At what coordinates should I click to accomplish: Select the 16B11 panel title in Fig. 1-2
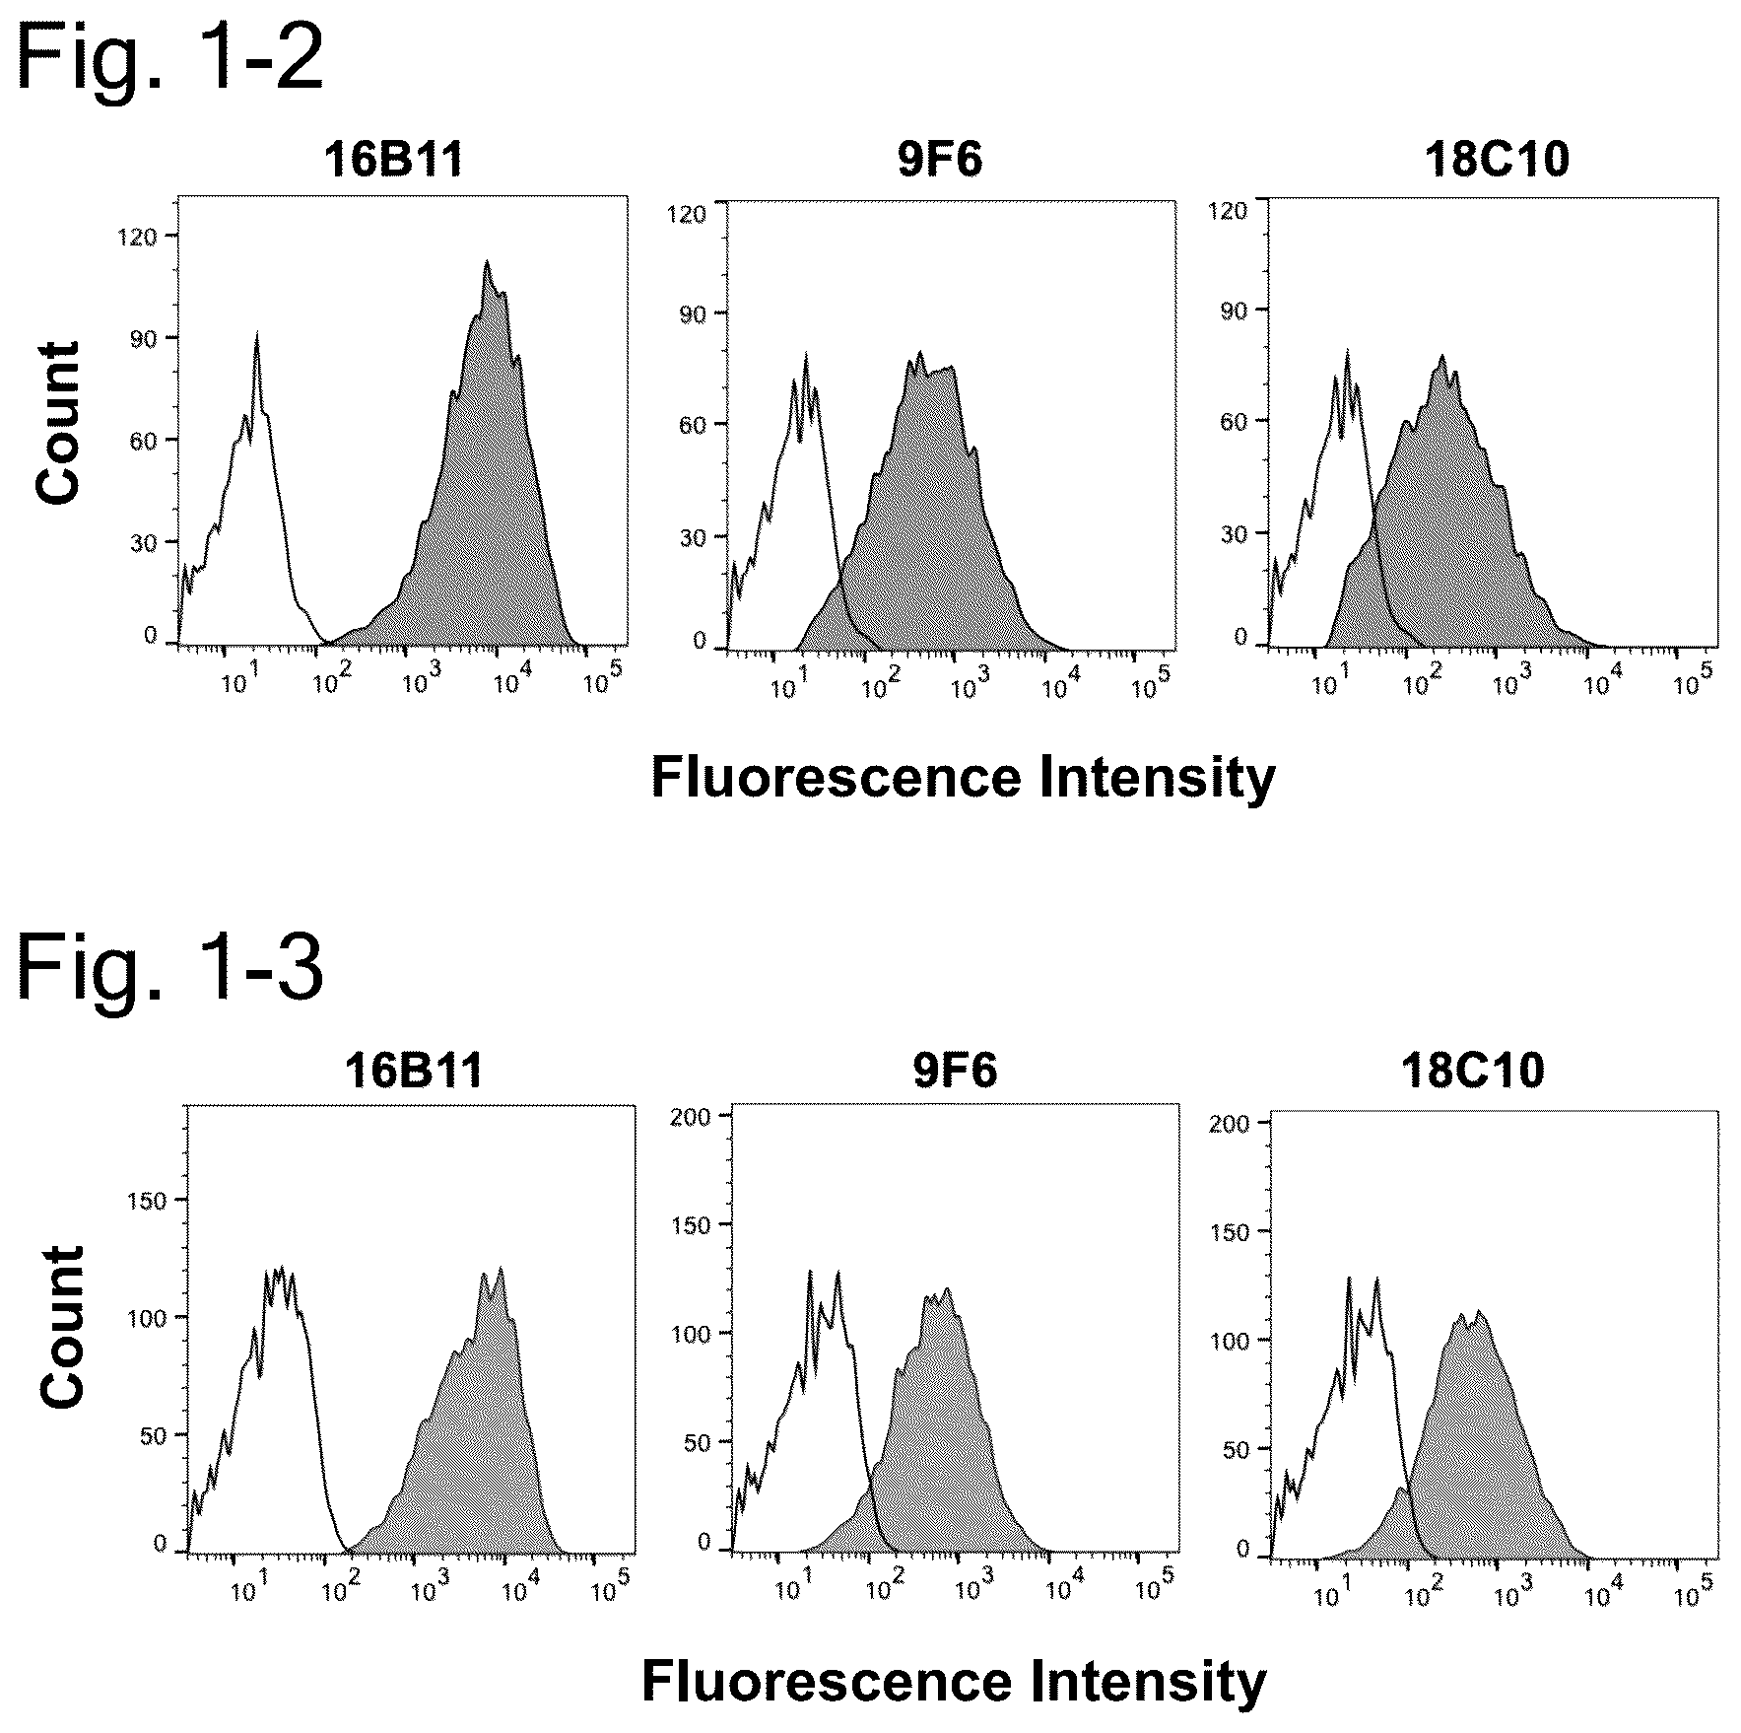click(x=394, y=161)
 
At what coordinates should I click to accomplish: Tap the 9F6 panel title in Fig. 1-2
click(x=940, y=161)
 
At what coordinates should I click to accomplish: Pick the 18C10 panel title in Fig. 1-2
click(x=1497, y=161)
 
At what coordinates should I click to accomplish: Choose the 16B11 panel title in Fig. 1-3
click(x=414, y=1071)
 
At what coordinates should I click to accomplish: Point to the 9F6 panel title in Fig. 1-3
click(x=955, y=1071)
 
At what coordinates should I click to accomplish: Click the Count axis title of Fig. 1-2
click(x=57, y=423)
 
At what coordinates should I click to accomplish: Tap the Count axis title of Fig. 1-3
click(x=62, y=1327)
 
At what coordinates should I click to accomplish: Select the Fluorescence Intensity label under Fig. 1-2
click(x=963, y=779)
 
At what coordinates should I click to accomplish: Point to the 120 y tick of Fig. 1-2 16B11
click(x=137, y=237)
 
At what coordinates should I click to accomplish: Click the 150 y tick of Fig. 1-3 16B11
click(x=148, y=1200)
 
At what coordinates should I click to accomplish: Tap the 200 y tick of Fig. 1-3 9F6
click(x=690, y=1117)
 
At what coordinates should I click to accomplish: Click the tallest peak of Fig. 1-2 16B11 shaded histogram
click(x=486, y=261)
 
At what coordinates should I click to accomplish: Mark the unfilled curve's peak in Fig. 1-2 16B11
click(x=256, y=334)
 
